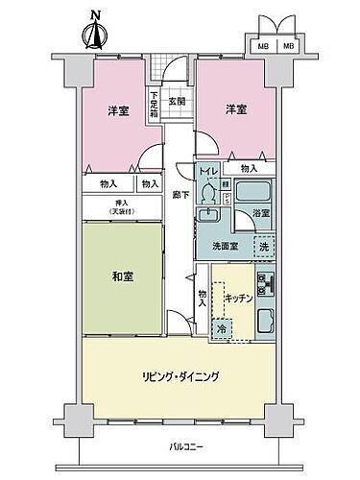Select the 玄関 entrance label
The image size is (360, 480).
coord(177,99)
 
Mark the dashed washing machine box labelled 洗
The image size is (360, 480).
coord(263,247)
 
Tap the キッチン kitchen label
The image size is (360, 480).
coord(240,300)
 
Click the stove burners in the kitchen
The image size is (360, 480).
coord(267,285)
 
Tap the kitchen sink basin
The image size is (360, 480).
coord(267,317)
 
